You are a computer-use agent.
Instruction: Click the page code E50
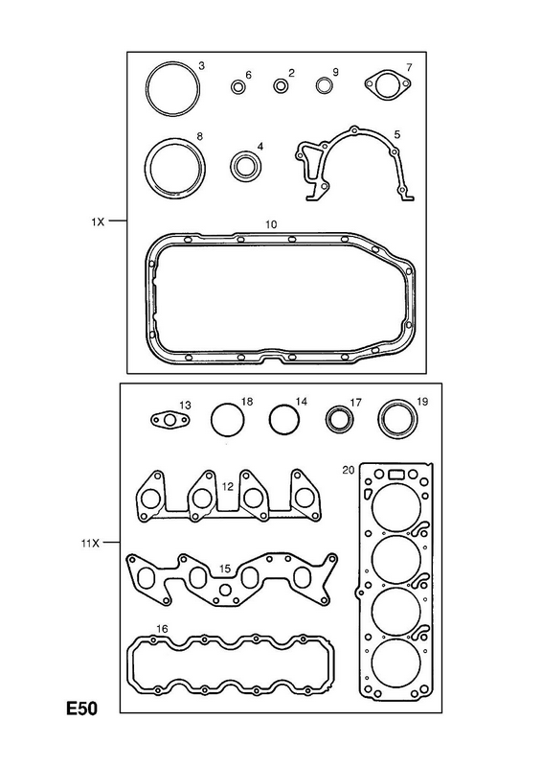82,709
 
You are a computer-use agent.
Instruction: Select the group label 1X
98,221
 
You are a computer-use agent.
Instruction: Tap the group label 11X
90,543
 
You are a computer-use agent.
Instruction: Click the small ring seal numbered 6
238,87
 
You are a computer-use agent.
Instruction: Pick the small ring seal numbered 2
281,85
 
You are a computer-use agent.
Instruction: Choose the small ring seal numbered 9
324,85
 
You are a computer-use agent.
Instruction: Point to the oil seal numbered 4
246,165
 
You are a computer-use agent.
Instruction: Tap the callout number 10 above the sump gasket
271,224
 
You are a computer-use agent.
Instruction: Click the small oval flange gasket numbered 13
169,420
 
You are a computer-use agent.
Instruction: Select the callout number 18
247,402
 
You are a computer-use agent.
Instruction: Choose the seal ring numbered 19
398,418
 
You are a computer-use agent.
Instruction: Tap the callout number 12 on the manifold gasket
228,487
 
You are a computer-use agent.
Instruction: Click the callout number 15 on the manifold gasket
224,569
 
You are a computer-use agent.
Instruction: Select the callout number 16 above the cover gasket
162,629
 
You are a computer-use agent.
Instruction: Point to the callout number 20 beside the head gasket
348,470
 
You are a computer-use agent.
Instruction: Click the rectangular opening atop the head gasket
395,474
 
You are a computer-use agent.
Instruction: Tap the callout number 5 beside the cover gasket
396,134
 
